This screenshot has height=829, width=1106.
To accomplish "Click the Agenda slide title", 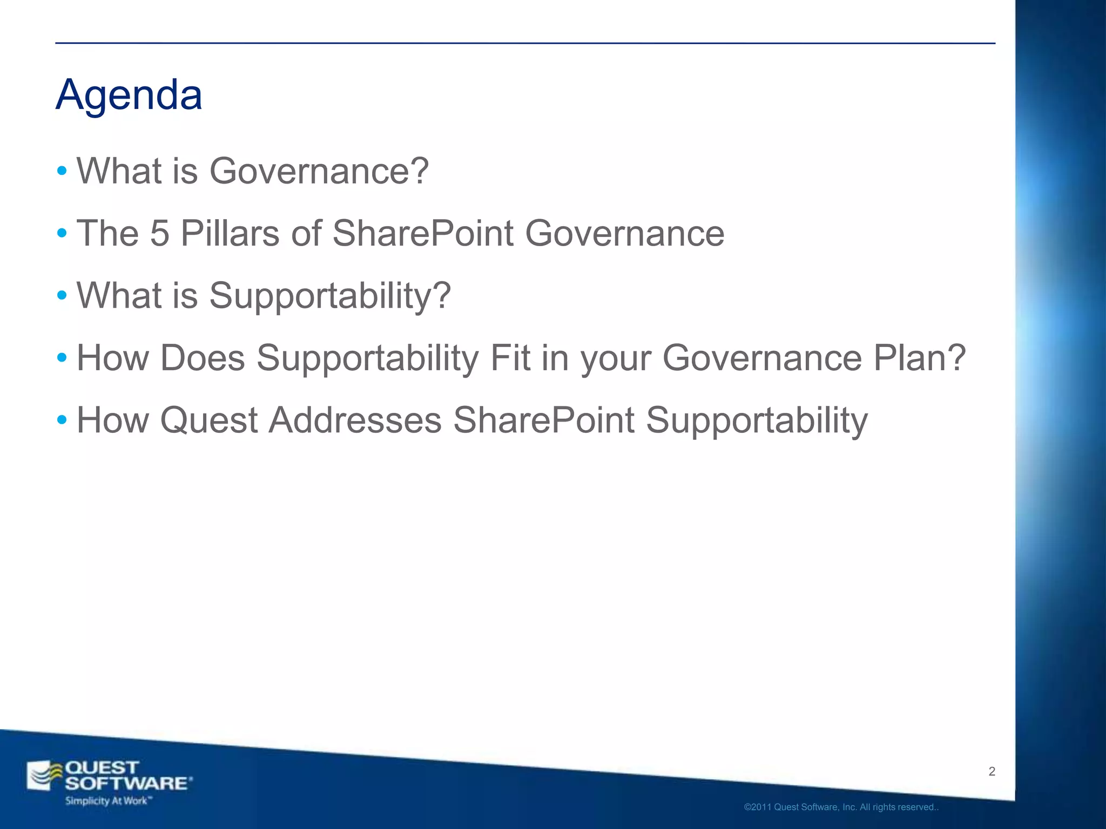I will point(129,94).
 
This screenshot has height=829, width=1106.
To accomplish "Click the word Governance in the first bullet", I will point(319,171).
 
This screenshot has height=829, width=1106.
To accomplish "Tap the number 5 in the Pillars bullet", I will point(159,233).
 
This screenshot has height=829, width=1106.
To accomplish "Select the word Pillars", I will point(230,233).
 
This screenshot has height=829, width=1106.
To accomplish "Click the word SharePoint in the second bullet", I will point(422,233).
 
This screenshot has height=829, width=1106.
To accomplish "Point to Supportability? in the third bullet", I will point(329,296).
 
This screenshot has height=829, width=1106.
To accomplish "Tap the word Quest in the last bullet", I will point(209,420).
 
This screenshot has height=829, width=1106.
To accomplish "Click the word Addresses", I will point(355,420).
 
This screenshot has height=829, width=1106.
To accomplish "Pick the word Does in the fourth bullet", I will point(203,358).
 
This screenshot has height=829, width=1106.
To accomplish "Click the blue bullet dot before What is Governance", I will point(62,172).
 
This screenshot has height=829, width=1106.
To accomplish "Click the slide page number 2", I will point(992,771).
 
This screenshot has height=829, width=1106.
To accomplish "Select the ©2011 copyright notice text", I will point(841,807).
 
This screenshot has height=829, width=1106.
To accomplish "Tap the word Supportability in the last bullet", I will point(757,420).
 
